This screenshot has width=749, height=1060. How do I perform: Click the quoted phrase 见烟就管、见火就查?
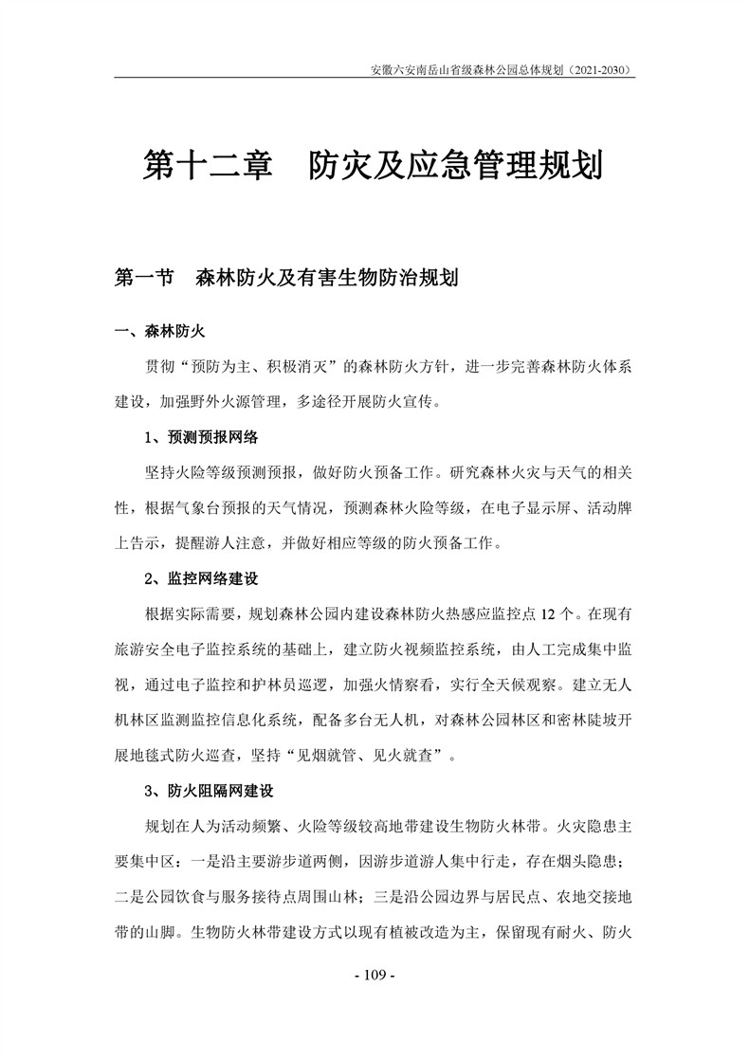(374, 755)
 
